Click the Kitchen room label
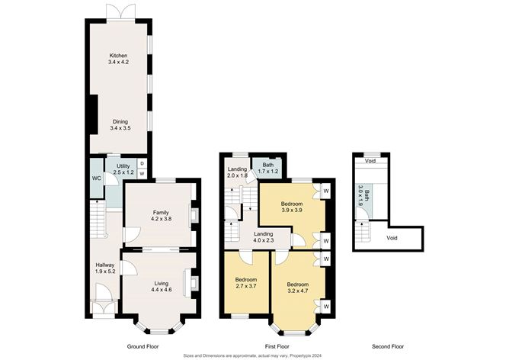point(118,56)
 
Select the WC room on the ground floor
point(97,178)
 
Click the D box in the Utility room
point(142,163)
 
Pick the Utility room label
point(123,166)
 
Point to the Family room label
point(161,213)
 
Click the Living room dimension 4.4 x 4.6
point(161,290)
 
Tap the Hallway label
point(105,265)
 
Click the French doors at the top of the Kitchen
point(121,12)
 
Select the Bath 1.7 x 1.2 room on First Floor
point(267,168)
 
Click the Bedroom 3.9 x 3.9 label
point(292,207)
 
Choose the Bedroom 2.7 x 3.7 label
point(246,283)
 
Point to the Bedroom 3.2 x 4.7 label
point(298,288)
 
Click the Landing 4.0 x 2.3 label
point(264,237)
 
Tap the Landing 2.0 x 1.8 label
point(237,172)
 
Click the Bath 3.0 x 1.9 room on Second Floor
point(364,201)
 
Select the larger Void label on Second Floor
point(392,238)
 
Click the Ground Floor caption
point(142,347)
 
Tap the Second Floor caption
point(388,347)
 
